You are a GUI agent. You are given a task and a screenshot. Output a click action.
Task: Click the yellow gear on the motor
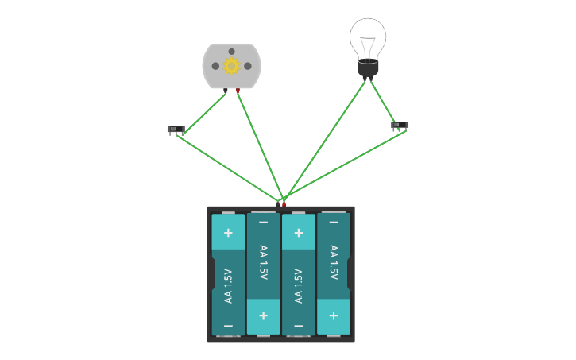tap(231, 66)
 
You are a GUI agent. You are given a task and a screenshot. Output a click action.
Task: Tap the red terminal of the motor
tap(238, 91)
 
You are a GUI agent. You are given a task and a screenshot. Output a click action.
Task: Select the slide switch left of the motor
tap(176, 129)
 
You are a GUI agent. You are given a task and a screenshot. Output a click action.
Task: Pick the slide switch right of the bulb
tap(400, 125)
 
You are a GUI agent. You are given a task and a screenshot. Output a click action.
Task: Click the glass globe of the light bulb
tap(368, 37)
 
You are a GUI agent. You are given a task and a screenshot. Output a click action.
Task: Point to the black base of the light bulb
tap(368, 69)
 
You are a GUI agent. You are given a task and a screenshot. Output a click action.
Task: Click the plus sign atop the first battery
tap(228, 233)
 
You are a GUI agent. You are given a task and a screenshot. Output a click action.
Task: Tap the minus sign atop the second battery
tap(263, 223)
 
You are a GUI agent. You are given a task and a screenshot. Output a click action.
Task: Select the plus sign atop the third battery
tap(298, 233)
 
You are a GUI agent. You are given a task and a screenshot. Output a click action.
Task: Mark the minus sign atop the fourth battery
tap(334, 223)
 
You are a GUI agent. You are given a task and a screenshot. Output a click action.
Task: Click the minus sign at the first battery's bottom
tap(228, 326)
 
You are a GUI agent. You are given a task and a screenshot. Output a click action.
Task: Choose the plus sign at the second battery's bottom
tap(263, 315)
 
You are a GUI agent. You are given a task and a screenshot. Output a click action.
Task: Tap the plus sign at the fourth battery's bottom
tap(334, 315)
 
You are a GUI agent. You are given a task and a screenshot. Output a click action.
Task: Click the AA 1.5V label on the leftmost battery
tap(228, 286)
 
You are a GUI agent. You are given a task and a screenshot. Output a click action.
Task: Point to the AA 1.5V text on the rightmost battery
tap(334, 262)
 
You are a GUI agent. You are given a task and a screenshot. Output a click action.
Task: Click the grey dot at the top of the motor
tap(231, 52)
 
